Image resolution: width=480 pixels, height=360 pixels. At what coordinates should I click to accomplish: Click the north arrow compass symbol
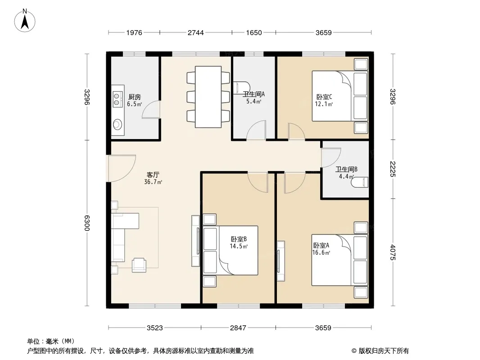pyautogui.click(x=25, y=21)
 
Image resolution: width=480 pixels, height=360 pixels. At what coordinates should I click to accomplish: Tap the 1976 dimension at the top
pyautogui.click(x=134, y=33)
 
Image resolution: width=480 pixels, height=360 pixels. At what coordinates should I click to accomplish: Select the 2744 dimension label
pyautogui.click(x=195, y=33)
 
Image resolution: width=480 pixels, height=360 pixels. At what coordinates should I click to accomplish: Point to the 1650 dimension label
pyautogui.click(x=254, y=33)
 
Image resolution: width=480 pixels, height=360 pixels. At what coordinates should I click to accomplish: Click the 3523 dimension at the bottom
pyautogui.click(x=154, y=328)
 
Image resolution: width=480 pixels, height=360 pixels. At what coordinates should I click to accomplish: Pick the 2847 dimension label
pyautogui.click(x=238, y=328)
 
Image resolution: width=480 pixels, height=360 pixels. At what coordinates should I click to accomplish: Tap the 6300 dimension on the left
pyautogui.click(x=87, y=223)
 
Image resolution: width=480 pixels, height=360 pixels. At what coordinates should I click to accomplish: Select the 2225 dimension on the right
pyautogui.click(x=393, y=169)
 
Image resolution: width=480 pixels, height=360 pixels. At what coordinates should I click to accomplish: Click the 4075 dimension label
pyautogui.click(x=393, y=252)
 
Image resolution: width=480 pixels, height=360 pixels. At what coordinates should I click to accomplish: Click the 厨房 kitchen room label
pyautogui.click(x=134, y=97)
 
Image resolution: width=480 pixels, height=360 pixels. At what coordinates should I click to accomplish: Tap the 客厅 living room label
pyautogui.click(x=153, y=175)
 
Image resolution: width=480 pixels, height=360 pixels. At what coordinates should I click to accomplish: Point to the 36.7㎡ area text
pyautogui.click(x=153, y=182)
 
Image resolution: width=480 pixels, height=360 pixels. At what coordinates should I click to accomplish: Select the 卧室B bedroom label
pyautogui.click(x=239, y=239)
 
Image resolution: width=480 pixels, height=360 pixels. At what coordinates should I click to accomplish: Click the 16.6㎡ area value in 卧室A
pyautogui.click(x=321, y=252)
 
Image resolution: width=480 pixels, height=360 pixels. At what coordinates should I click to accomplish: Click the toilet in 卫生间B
pyautogui.click(x=359, y=182)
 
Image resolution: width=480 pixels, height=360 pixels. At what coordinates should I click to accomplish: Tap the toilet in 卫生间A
pyautogui.click(x=241, y=87)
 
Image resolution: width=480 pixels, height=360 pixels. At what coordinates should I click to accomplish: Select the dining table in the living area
pyautogui.click(x=208, y=97)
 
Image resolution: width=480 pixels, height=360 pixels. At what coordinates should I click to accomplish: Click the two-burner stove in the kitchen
pyautogui.click(x=117, y=99)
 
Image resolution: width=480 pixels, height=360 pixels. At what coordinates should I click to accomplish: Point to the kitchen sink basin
pyautogui.click(x=117, y=124)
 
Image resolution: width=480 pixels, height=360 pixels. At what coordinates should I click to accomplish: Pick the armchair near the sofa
pyautogui.click(x=139, y=265)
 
